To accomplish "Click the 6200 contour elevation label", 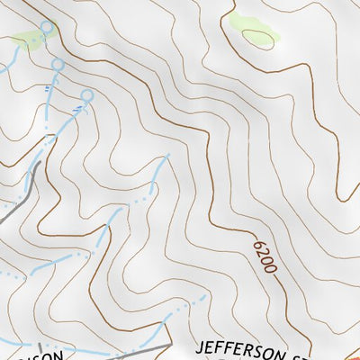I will [263, 255].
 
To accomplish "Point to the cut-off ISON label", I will [45, 355].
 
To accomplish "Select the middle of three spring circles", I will [58, 65].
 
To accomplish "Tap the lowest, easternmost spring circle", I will [87, 95].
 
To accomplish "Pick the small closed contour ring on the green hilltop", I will [258, 39].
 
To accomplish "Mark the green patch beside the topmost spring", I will [29, 40].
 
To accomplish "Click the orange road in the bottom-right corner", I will [351, 354].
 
